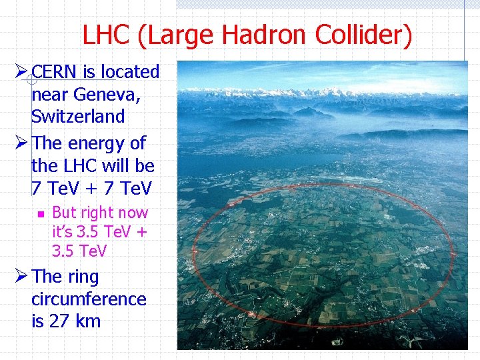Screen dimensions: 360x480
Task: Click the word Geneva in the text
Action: [x=109, y=94]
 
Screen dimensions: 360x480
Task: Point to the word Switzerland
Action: [x=78, y=116]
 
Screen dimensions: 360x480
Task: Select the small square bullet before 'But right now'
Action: [x=39, y=213]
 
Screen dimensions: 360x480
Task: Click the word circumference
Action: [x=89, y=299]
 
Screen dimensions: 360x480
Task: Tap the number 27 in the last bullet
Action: [x=59, y=321]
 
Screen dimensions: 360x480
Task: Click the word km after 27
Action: [x=88, y=321]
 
